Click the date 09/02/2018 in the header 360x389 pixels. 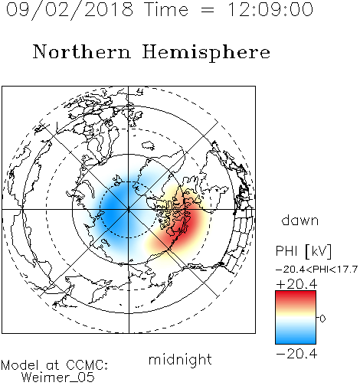70,10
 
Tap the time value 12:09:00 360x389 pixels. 270,9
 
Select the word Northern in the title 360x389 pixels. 82,52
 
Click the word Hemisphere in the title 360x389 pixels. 206,53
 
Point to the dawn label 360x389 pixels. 300,220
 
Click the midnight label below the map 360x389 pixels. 180,360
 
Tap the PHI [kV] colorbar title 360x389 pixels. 303,251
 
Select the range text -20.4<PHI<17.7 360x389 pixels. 316,270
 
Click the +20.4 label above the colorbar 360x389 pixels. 296,284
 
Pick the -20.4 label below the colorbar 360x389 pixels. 296,354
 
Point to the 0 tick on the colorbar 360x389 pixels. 322,319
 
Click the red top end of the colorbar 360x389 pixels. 296,293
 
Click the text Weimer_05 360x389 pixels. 57,378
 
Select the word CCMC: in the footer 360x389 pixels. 87,365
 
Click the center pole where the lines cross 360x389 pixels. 128,210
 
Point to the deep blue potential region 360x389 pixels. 115,209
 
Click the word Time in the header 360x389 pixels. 166,9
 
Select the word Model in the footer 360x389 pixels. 20,365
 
